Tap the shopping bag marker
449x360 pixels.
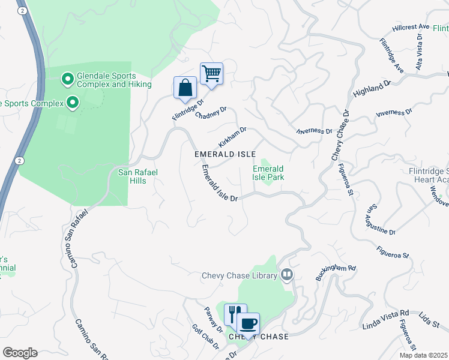pyautogui.click(x=185, y=88)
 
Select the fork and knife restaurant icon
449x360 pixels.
pyautogui.click(x=235, y=314)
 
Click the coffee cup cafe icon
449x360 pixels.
pyautogui.click(x=248, y=324)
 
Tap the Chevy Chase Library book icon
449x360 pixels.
pyautogui.click(x=287, y=275)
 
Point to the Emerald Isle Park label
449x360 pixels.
pyautogui.click(x=267, y=173)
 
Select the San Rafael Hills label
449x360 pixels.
pyautogui.click(x=137, y=176)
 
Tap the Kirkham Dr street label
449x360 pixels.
pyautogui.click(x=232, y=137)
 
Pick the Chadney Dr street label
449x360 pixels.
pyautogui.click(x=211, y=112)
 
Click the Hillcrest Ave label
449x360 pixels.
pyautogui.click(x=411, y=27)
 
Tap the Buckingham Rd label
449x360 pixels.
pyautogui.click(x=336, y=274)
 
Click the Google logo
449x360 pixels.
pyautogui.click(x=20, y=353)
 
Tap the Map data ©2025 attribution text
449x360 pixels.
pyautogui.click(x=423, y=355)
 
